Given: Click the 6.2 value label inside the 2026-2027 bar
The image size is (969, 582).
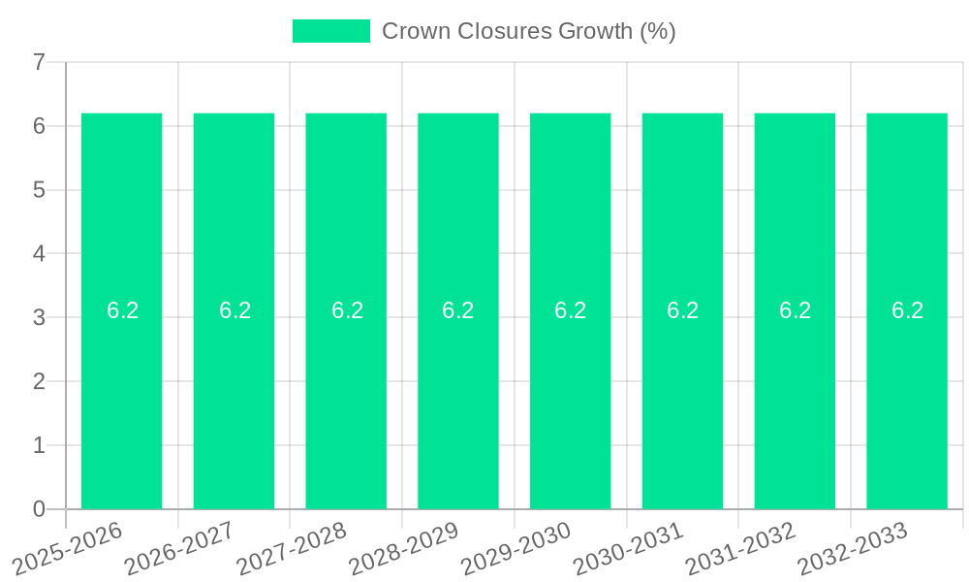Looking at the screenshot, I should [x=234, y=310].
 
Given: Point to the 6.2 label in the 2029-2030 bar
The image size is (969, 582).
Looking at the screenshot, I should [x=571, y=310].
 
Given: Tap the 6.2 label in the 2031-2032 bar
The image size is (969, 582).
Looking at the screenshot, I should [x=795, y=310].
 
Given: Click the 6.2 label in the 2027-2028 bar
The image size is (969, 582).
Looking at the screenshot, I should [x=347, y=310].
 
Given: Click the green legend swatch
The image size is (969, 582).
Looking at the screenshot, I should [x=331, y=31].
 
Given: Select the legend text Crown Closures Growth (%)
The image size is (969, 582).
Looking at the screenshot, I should [x=528, y=31].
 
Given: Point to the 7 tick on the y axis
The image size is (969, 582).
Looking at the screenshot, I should [x=39, y=62].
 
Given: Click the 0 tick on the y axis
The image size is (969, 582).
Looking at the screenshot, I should [x=39, y=509].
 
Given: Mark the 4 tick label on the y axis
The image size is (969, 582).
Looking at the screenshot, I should [x=39, y=254].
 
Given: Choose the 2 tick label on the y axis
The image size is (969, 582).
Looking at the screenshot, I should [x=39, y=381].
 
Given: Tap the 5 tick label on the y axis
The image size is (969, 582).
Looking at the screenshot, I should [x=39, y=190].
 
